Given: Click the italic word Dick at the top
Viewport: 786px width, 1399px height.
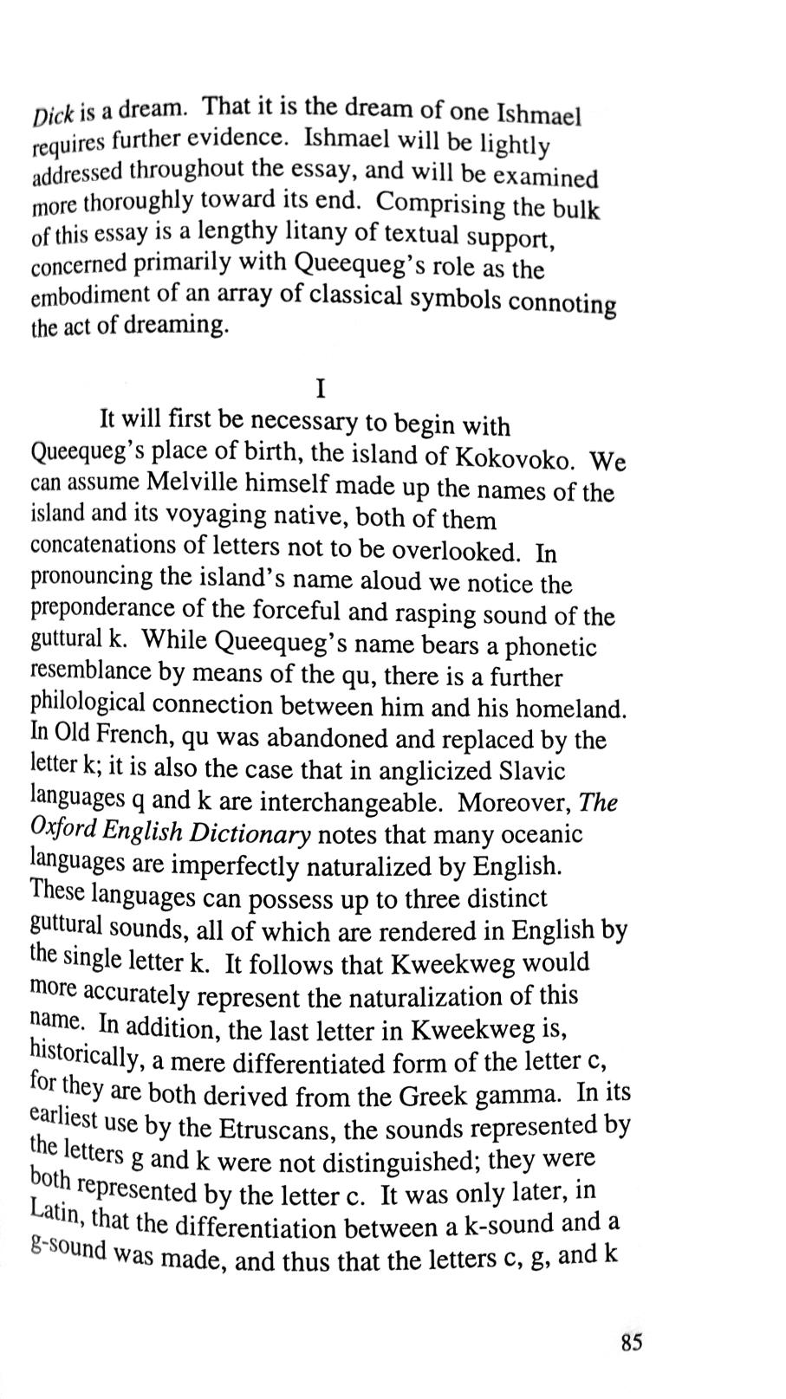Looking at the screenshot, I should point(55,114).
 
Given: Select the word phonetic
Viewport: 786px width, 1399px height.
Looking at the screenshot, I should point(551,647).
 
